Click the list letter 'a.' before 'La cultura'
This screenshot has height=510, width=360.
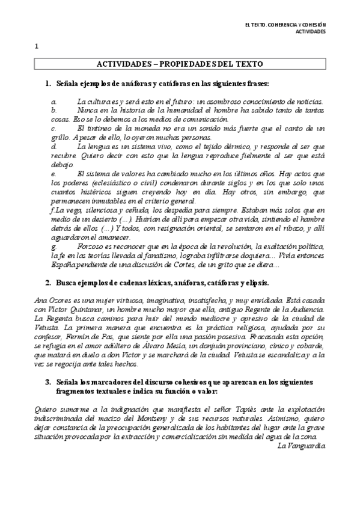54,103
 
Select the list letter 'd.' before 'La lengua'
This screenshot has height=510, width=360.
54,146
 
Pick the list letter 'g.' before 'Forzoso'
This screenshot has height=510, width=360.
54,247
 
